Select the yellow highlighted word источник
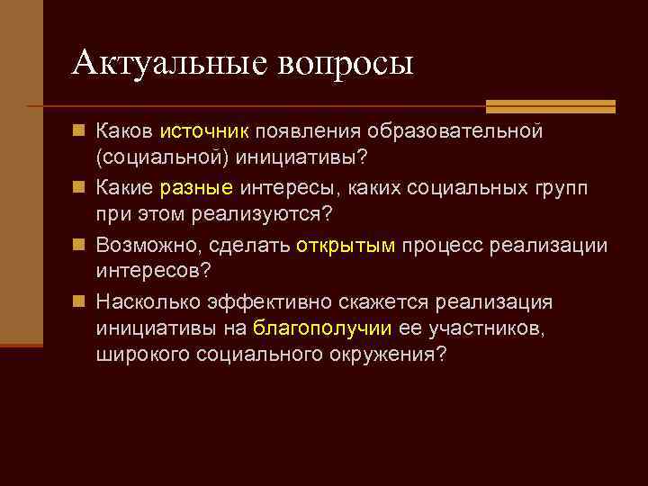point(204,132)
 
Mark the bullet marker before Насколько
point(78,301)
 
